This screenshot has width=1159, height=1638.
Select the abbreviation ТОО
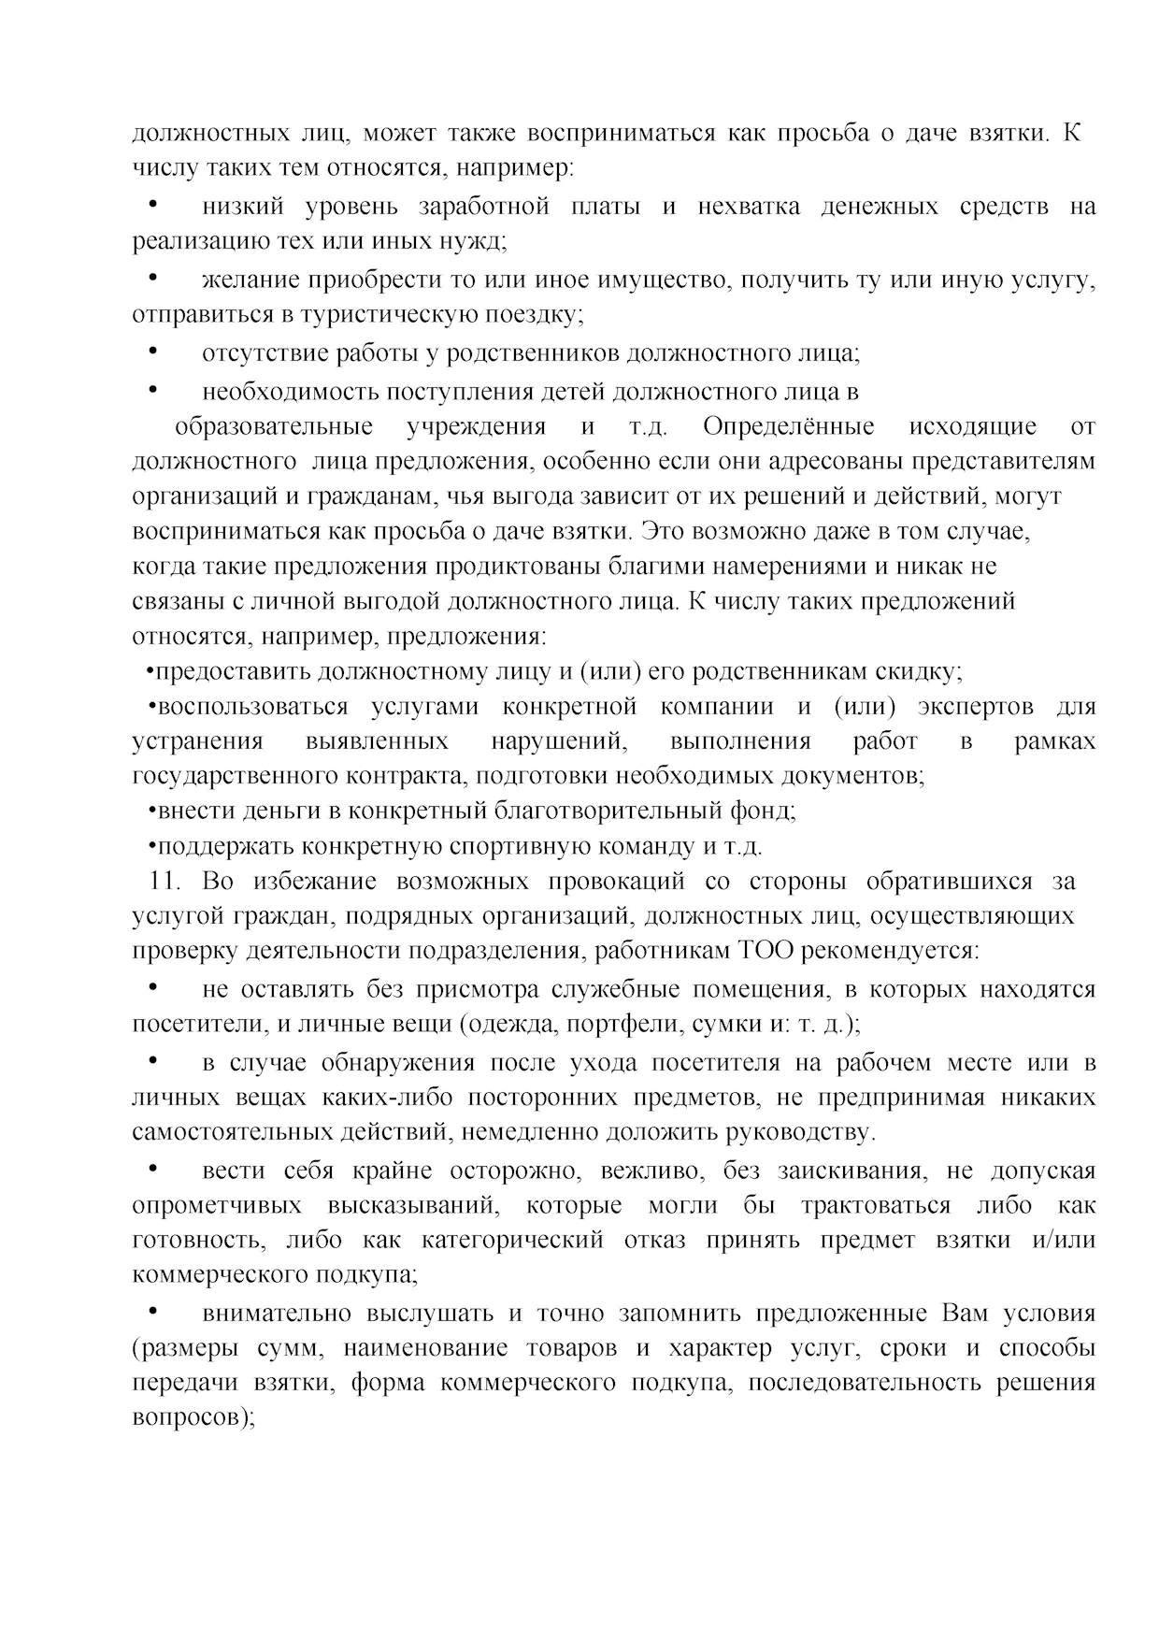pyautogui.click(x=767, y=952)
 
